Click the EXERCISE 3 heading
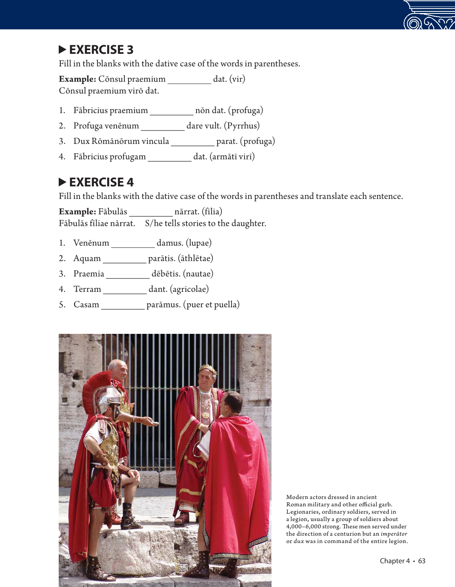tap(101, 50)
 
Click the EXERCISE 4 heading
tap(101, 182)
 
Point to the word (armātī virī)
tap(232, 157)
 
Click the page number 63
tap(422, 561)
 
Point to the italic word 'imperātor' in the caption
tap(393, 534)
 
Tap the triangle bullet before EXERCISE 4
tap(62, 182)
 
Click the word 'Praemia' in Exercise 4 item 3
tap(88, 274)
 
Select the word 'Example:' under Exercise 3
tap(77, 79)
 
